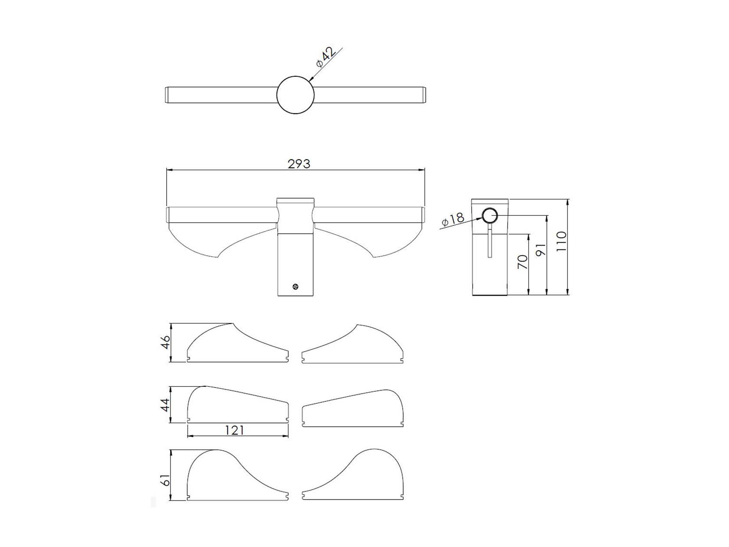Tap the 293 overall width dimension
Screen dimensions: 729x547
pyautogui.click(x=299, y=164)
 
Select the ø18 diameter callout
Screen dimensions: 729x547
pyautogui.click(x=453, y=220)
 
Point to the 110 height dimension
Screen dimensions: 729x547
pyautogui.click(x=561, y=241)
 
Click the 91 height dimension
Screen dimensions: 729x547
pyautogui.click(x=541, y=250)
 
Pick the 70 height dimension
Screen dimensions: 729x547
pyautogui.click(x=522, y=262)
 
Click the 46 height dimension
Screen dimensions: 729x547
pyautogui.click(x=165, y=342)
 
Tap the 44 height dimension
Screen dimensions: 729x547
pyautogui.click(x=165, y=405)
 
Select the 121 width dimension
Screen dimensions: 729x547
pyautogui.click(x=234, y=430)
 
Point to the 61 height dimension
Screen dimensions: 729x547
pyautogui.click(x=165, y=480)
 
